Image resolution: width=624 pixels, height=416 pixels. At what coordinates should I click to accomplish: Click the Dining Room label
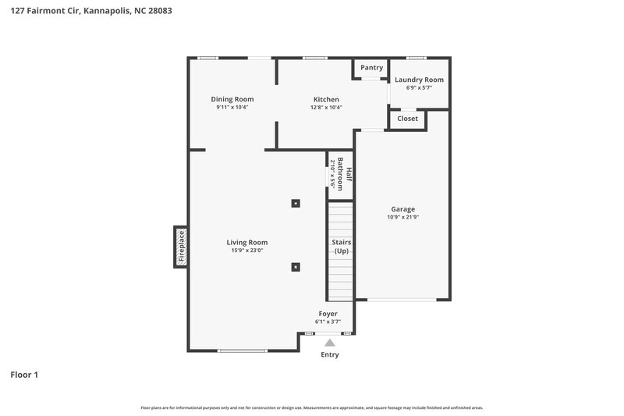coord(232,99)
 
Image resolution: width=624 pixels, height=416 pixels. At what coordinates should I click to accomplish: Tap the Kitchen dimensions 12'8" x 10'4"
coord(326,108)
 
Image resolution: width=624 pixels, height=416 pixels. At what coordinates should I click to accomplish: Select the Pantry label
coord(371,68)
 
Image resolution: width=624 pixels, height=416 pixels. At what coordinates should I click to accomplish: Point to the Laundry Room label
coord(419,80)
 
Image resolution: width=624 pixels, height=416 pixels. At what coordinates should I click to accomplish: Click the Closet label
coord(407,119)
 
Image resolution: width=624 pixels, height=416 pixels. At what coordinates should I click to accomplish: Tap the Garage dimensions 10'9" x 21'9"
coord(402,217)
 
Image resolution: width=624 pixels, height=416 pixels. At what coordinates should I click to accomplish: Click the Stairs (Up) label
coord(342,247)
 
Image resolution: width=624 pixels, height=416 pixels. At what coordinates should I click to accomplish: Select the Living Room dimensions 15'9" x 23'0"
coord(247,251)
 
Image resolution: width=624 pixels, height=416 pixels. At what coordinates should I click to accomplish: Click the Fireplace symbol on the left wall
coord(180,247)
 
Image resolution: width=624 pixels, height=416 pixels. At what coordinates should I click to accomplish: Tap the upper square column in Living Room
coord(296,204)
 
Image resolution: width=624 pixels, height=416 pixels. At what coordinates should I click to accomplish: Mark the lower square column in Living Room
coord(296,266)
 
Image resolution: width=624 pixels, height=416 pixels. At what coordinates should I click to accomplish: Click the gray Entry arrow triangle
coord(330,342)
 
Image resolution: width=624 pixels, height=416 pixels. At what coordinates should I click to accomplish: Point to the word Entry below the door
coord(330,355)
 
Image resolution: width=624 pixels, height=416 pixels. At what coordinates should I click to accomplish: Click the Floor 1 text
coord(24,375)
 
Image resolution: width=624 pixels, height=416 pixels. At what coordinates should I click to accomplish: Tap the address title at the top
coord(91,11)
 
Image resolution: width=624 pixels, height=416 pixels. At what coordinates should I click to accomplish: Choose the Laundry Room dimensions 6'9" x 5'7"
coord(419,87)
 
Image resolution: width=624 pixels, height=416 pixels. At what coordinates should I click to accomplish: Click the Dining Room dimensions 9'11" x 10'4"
coord(232,108)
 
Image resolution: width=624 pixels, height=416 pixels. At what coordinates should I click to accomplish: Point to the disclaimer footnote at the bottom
coord(312,407)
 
